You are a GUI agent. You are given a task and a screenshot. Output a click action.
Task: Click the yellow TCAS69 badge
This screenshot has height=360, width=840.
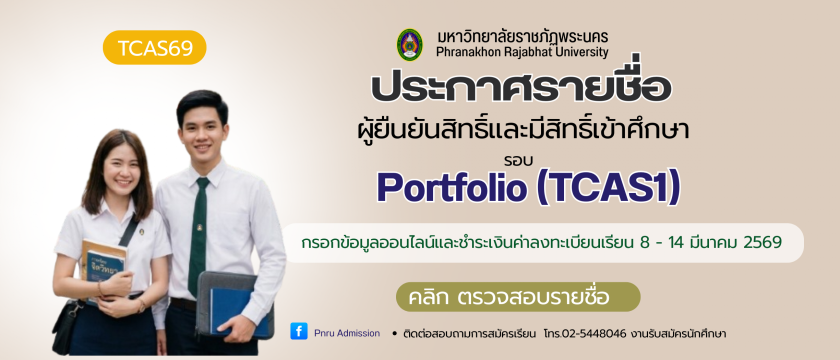pyautogui.click(x=154, y=48)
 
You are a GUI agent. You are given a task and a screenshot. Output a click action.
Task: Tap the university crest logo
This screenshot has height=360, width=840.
pyautogui.click(x=409, y=45)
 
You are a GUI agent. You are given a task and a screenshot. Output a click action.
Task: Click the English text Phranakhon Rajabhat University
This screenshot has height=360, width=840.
pyautogui.click(x=522, y=52)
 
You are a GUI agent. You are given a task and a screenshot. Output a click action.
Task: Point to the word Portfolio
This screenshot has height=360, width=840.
pyautogui.click(x=451, y=187)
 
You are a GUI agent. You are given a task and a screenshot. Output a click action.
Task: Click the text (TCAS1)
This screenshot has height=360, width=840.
pyautogui.click(x=608, y=187)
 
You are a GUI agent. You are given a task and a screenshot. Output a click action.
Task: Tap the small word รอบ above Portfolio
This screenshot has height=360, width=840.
pyautogui.click(x=518, y=161)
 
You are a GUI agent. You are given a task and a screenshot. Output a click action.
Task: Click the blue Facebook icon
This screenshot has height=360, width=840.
pyautogui.click(x=299, y=331)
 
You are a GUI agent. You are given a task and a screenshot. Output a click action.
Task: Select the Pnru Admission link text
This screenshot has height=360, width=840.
pyautogui.click(x=347, y=333)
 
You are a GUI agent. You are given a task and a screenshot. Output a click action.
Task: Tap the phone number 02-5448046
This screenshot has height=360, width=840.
pyautogui.click(x=593, y=333)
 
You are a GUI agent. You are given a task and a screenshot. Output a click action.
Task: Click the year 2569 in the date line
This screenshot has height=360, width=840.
pyautogui.click(x=762, y=242)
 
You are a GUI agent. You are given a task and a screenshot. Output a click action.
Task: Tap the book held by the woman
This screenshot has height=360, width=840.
pyautogui.click(x=102, y=265)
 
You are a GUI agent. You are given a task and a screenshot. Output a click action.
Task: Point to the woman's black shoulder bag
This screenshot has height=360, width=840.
pyautogui.click(x=67, y=325)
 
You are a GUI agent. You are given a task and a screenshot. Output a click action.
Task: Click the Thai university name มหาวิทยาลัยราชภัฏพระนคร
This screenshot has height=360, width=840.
pyautogui.click(x=522, y=37)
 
